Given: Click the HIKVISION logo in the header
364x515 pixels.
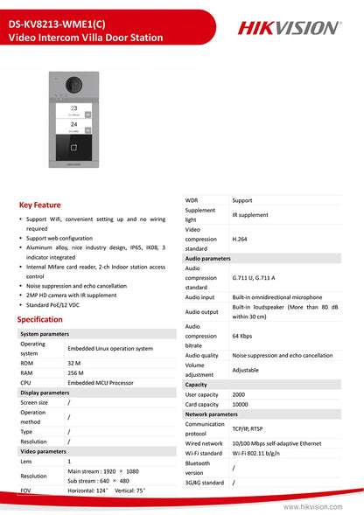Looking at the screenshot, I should [x=289, y=28].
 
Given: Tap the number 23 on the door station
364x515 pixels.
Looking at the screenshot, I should [x=73, y=107].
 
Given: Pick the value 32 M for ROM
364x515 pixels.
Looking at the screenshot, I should [x=75, y=362].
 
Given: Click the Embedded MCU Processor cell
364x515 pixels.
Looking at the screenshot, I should [x=101, y=383].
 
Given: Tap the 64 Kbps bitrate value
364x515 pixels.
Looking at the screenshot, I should [x=243, y=336].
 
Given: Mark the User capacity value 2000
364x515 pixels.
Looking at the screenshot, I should [x=240, y=394].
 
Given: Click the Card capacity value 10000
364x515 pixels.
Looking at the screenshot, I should [x=241, y=404].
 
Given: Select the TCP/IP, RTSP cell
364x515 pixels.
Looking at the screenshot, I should [x=251, y=428].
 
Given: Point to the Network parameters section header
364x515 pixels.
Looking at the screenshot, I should [x=212, y=414].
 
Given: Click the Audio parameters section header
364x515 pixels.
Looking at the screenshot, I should [x=208, y=259].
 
